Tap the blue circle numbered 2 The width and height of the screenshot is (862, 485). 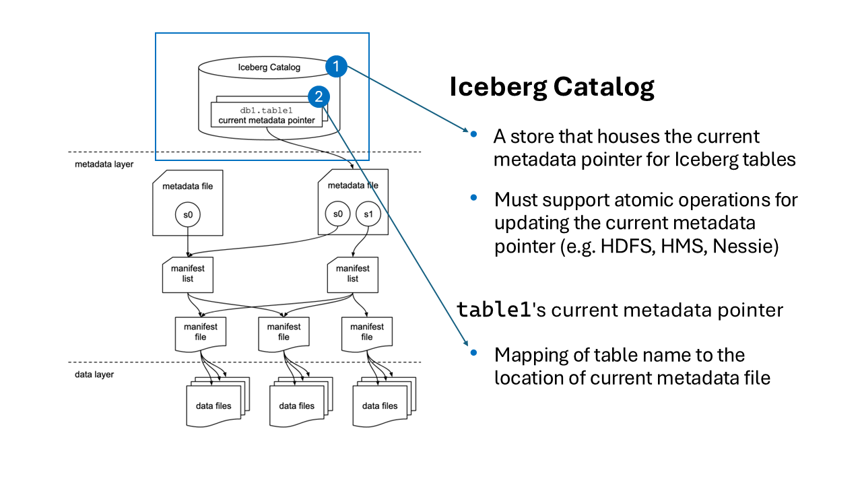[319, 97]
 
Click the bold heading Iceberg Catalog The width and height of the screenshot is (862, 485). [552, 88]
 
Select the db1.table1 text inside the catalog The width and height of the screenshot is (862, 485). [266, 110]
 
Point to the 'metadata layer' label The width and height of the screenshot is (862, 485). [104, 164]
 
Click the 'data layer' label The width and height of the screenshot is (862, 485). [94, 374]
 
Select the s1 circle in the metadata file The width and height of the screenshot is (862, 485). [368, 214]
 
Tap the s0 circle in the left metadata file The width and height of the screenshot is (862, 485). [188, 214]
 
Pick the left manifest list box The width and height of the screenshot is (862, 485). [188, 273]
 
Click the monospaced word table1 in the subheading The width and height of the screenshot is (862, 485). [494, 309]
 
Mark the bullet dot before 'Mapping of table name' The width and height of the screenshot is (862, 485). [473, 353]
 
